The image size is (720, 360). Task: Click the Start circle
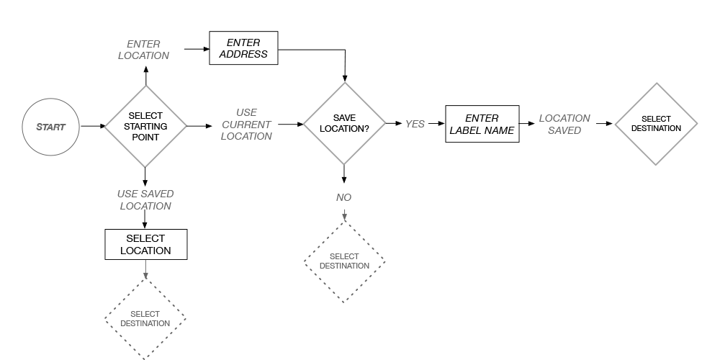tap(51, 127)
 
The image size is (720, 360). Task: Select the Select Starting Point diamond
tap(145, 126)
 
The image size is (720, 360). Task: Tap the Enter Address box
tap(243, 48)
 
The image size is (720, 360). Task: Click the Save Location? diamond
tap(344, 123)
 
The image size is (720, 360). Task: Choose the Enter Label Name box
tap(482, 124)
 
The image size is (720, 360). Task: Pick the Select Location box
tap(145, 244)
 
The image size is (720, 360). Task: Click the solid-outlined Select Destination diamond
tap(656, 124)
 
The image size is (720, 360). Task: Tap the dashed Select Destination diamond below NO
tap(344, 261)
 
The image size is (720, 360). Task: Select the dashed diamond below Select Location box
tap(145, 318)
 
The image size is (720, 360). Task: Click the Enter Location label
tap(143, 50)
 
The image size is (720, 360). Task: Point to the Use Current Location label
tap(246, 125)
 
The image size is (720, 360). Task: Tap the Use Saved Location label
tap(145, 199)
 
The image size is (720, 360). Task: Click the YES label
tap(415, 124)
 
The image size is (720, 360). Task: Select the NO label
tap(344, 197)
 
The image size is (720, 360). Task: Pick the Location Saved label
tap(564, 124)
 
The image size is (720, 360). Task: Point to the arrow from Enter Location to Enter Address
tap(196, 49)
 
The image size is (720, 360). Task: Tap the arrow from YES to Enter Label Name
tap(436, 124)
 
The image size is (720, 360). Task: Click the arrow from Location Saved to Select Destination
tap(603, 124)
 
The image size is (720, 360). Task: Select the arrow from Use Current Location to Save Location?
tap(290, 125)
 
